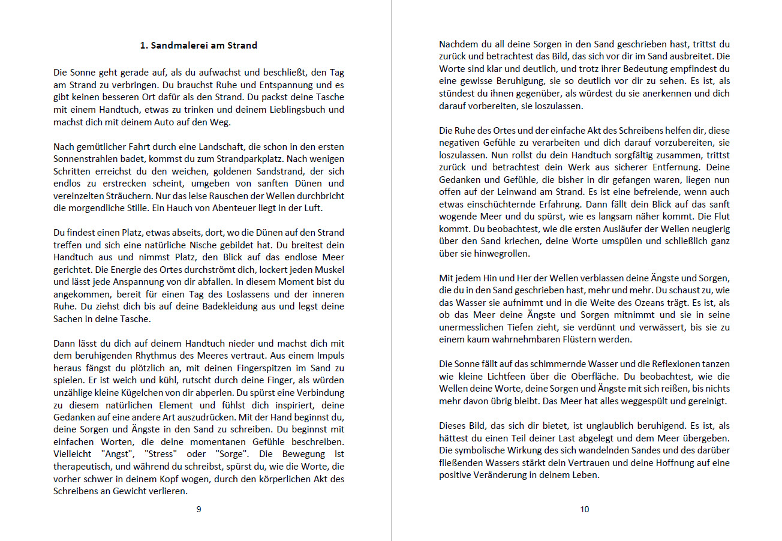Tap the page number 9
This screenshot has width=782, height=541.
point(198,509)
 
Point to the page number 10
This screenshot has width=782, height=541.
point(585,509)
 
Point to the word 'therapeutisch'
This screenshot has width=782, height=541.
point(82,466)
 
